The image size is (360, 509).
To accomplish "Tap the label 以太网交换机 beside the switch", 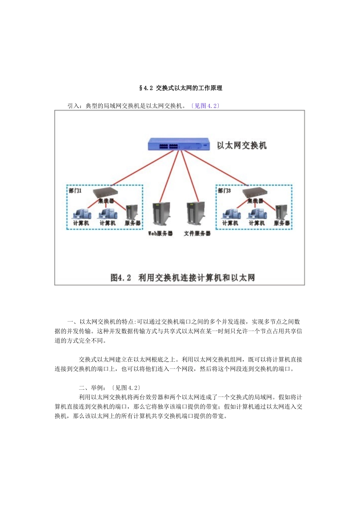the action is coord(241,145).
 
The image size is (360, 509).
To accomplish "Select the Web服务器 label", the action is coord(160,234).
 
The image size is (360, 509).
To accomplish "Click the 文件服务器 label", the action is coord(197,234).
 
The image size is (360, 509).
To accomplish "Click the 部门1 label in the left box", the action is coord(75,190).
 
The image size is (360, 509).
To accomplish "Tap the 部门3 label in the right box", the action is coord(224,190).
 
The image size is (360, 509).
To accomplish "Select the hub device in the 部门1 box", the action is coord(105,192).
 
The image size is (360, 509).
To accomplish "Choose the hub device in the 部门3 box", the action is coord(254,192).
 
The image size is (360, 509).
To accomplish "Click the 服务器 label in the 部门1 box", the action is coord(133,223).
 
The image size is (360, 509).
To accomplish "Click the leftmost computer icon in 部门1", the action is coord(81,213).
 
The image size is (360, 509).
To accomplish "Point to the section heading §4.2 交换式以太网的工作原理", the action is coord(181,88).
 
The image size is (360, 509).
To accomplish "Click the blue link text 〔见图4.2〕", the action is coord(205,106).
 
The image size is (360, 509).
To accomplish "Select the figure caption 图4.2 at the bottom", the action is coord(121,278).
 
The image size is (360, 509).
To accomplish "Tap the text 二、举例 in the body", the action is coord(91,388).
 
